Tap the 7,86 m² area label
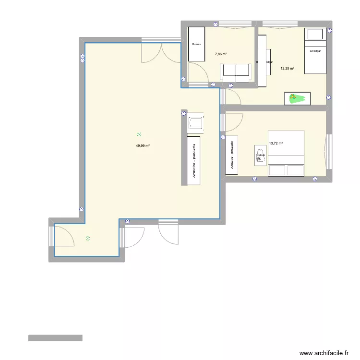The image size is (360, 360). [220, 54]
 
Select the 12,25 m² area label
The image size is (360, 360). [287, 68]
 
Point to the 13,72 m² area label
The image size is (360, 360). [276, 143]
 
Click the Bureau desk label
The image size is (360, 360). [196, 45]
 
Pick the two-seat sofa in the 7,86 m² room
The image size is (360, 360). [236, 72]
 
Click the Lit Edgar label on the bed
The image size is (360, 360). [315, 50]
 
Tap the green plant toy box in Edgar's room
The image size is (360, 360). [298, 98]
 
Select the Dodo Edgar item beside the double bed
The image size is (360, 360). [261, 156]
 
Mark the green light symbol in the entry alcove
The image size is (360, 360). [87, 238]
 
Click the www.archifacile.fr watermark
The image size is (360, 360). [324, 352]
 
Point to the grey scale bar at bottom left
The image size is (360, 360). [55, 338]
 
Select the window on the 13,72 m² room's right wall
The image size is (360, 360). [329, 152]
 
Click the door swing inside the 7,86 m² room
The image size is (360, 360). [199, 75]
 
